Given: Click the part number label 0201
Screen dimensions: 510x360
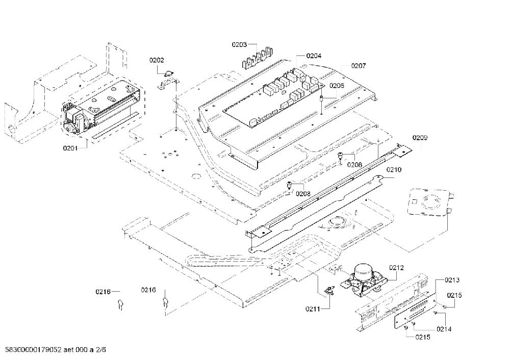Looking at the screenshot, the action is pos(70,148).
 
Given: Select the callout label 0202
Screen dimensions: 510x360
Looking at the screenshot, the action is pos(157,60).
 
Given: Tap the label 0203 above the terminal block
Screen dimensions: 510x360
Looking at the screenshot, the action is pos(239,44).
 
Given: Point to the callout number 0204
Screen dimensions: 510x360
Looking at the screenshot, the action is pos(314,56).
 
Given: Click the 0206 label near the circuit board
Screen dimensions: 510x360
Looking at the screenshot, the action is pos(337,86).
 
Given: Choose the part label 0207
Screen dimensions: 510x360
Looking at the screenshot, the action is pos(359,66).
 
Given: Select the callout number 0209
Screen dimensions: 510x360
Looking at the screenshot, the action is pos(420,138).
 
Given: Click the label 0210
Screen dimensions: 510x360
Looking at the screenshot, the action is pos(394,169).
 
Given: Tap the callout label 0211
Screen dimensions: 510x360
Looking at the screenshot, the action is pos(313,309).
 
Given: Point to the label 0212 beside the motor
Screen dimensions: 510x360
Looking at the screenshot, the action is pos(396,268).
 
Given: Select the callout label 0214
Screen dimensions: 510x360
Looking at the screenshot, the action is pos(444,329).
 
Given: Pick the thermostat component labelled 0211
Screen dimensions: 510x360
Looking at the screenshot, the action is pos(330,289).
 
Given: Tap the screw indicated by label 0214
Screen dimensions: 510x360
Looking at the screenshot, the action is pos(435,313).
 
